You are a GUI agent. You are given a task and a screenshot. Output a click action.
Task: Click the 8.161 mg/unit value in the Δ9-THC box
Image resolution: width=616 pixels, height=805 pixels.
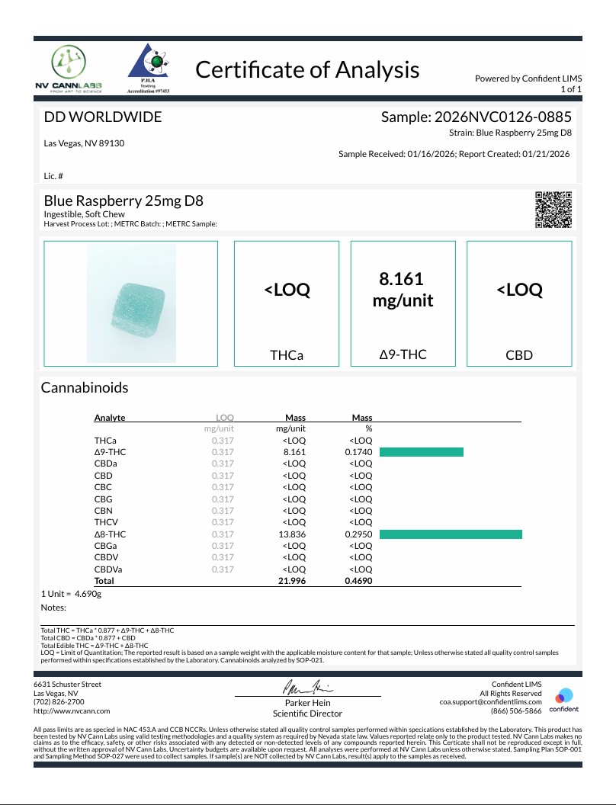click(x=403, y=290)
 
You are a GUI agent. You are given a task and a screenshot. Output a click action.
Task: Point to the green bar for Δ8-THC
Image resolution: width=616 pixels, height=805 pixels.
click(x=451, y=534)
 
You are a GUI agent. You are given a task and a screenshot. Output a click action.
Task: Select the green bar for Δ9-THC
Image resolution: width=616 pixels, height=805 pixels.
click(x=422, y=452)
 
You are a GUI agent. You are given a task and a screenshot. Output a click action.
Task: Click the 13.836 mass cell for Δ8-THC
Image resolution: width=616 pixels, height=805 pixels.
click(x=294, y=534)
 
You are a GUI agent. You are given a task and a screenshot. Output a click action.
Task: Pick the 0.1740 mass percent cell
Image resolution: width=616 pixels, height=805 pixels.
click(x=358, y=452)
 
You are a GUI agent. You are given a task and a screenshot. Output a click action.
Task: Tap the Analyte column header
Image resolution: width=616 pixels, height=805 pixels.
click(x=110, y=418)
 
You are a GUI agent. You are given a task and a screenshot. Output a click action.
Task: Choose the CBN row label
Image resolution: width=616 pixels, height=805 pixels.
click(x=104, y=511)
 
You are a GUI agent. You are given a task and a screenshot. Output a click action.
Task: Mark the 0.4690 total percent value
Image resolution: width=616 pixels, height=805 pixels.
click(x=358, y=582)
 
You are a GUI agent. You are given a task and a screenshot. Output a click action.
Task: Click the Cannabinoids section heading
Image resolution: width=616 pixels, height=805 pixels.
click(x=84, y=387)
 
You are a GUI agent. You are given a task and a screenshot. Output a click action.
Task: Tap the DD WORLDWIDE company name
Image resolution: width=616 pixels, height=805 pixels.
click(x=102, y=117)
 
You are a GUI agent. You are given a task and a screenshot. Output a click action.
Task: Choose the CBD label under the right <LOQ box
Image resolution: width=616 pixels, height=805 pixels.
click(x=518, y=355)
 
